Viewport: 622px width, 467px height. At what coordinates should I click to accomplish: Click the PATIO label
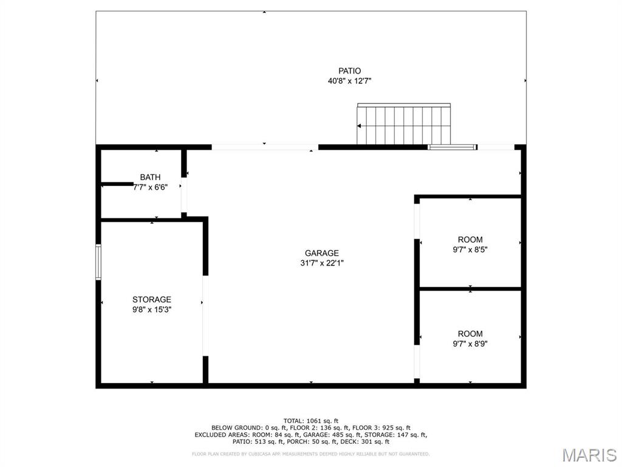(x=349, y=71)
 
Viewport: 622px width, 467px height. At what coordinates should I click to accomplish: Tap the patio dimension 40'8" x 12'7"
(x=349, y=81)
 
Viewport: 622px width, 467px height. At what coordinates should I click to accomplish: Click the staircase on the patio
(x=404, y=125)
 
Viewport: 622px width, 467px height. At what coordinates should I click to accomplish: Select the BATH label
(x=150, y=178)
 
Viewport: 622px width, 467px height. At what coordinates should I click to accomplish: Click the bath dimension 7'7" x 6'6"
(x=150, y=188)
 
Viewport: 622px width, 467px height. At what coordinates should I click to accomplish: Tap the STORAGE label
(x=152, y=300)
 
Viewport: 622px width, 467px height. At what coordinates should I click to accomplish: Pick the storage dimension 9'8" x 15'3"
(x=152, y=310)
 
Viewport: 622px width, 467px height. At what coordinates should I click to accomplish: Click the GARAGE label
(x=322, y=254)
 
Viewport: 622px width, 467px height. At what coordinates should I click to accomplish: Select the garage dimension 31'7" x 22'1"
(x=322, y=263)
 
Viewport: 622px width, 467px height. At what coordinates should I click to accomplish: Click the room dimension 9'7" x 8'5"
(x=470, y=249)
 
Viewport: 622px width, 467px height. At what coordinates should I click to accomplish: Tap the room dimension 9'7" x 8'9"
(x=470, y=344)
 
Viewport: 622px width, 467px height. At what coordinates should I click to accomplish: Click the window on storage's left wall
(x=98, y=262)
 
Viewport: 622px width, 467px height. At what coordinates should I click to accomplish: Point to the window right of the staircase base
(x=452, y=147)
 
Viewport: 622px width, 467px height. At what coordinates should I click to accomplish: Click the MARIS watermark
(x=589, y=454)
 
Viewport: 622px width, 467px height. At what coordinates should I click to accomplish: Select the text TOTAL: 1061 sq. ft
(x=311, y=421)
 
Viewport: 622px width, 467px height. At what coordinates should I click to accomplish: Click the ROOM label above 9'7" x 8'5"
(x=470, y=240)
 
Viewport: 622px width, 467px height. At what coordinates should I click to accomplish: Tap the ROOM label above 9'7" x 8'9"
(x=470, y=334)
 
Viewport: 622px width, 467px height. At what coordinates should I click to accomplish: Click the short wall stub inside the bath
(x=117, y=184)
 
